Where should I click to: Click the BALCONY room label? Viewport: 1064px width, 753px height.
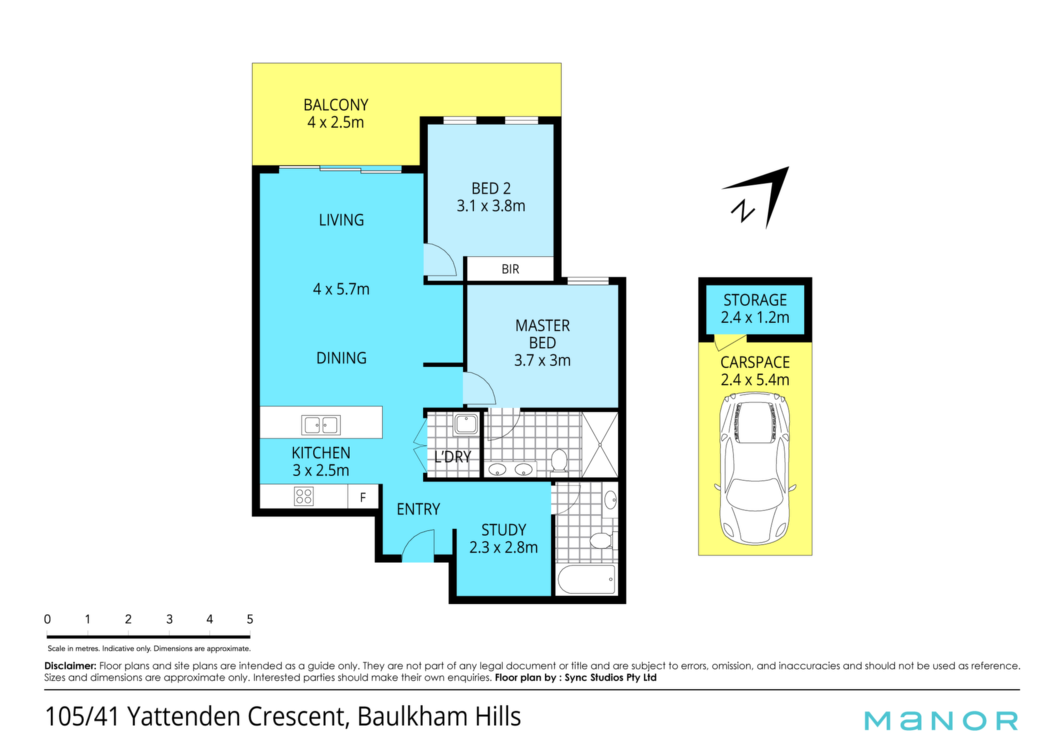[x=336, y=105]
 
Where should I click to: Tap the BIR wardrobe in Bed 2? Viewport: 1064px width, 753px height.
[x=510, y=269]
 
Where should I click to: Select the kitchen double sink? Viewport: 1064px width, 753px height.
[x=321, y=425]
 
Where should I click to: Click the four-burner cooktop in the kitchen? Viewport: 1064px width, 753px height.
[x=304, y=496]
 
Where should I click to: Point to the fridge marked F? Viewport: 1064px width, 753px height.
[x=363, y=497]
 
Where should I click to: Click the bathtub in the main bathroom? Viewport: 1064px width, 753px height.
[x=586, y=579]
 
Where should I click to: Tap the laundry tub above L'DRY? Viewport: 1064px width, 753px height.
[x=466, y=424]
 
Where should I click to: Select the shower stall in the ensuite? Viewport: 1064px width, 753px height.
[x=600, y=444]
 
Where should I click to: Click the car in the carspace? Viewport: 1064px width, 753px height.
[x=755, y=469]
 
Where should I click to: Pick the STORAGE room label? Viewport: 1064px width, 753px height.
[x=755, y=300]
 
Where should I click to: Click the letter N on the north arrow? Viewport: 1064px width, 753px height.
[x=743, y=211]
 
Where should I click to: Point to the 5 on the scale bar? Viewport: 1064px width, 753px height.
[x=250, y=619]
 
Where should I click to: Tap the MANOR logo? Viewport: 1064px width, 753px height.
[x=941, y=720]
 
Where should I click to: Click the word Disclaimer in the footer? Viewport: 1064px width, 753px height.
[x=70, y=665]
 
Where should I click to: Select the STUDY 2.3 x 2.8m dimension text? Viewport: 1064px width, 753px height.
[x=503, y=547]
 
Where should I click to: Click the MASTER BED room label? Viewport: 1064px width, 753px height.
[x=543, y=334]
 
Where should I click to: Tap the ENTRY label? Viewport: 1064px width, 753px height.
[x=418, y=509]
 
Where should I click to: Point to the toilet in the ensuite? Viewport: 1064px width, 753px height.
[x=559, y=461]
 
